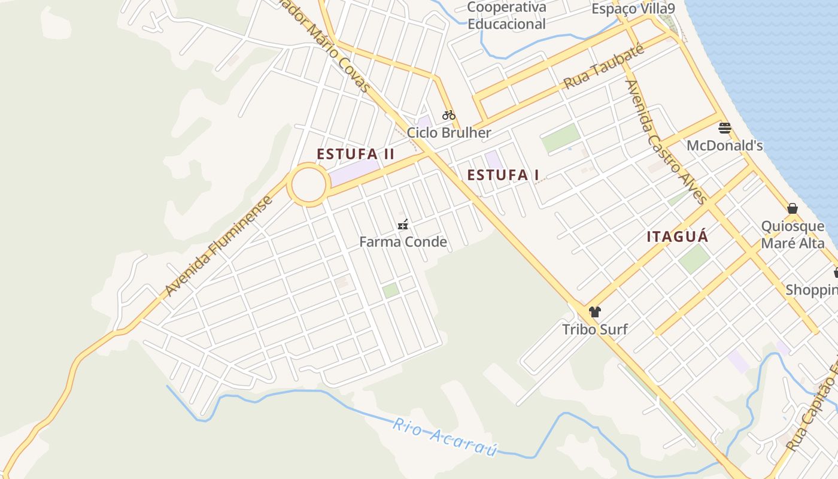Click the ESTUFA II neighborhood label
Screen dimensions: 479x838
point(356,154)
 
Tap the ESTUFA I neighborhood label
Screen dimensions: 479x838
point(503,175)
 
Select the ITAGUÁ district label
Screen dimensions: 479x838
point(677,237)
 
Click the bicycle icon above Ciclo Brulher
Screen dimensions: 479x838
point(449,115)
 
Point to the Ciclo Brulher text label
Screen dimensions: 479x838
point(449,132)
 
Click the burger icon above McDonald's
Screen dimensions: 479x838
point(725,128)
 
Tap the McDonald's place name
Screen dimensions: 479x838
point(724,145)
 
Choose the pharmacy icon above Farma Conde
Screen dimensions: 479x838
point(403,225)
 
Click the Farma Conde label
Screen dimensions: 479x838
point(403,242)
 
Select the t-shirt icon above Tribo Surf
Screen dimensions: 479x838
point(594,312)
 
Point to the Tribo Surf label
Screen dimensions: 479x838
point(594,329)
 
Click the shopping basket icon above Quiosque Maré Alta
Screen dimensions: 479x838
point(793,208)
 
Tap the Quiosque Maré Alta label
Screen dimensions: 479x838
point(793,235)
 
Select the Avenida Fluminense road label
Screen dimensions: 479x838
point(219,245)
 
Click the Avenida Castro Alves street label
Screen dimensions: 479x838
point(666,142)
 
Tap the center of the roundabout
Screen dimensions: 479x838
point(309,185)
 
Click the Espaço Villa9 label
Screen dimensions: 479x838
point(633,8)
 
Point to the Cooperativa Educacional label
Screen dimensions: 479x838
point(506,16)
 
